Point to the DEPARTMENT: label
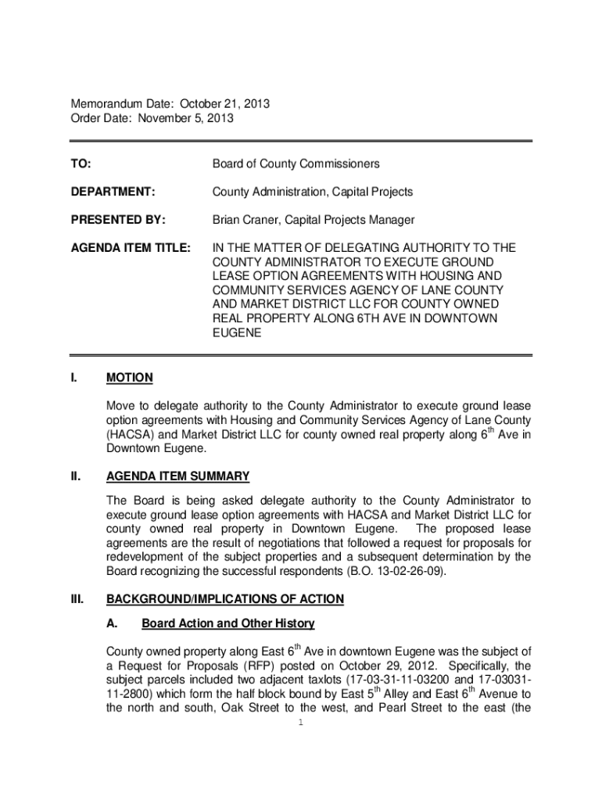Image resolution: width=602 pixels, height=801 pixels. click(x=113, y=192)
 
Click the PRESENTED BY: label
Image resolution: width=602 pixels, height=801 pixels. click(x=115, y=220)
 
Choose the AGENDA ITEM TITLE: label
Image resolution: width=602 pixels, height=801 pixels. click(x=131, y=248)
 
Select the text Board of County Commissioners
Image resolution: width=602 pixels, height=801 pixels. click(x=296, y=163)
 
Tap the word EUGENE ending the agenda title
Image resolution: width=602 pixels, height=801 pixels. click(x=237, y=332)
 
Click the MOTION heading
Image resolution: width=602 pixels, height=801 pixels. click(x=130, y=378)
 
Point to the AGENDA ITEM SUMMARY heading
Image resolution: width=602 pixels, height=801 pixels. click(x=178, y=476)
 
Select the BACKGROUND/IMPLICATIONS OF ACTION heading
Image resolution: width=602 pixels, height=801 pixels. click(x=225, y=599)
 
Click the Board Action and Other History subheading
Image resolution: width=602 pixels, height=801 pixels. click(x=228, y=623)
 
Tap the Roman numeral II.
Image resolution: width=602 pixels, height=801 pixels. click(x=76, y=476)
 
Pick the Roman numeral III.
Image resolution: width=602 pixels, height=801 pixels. click(x=77, y=599)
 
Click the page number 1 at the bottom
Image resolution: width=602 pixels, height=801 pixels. click(x=300, y=722)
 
